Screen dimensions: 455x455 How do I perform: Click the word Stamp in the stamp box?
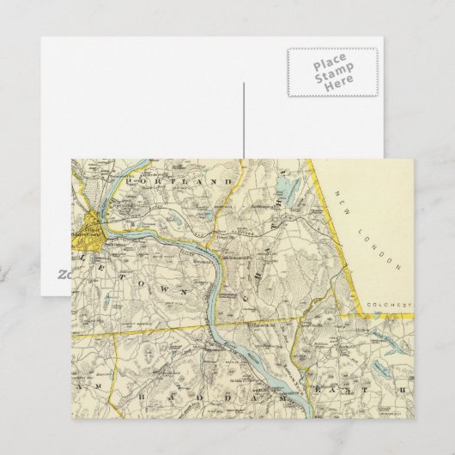click(331, 77)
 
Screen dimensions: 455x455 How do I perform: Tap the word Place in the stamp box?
click(331, 64)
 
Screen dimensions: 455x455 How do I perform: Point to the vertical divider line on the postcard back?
click(244, 120)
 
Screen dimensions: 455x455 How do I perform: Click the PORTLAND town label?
click(179, 182)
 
